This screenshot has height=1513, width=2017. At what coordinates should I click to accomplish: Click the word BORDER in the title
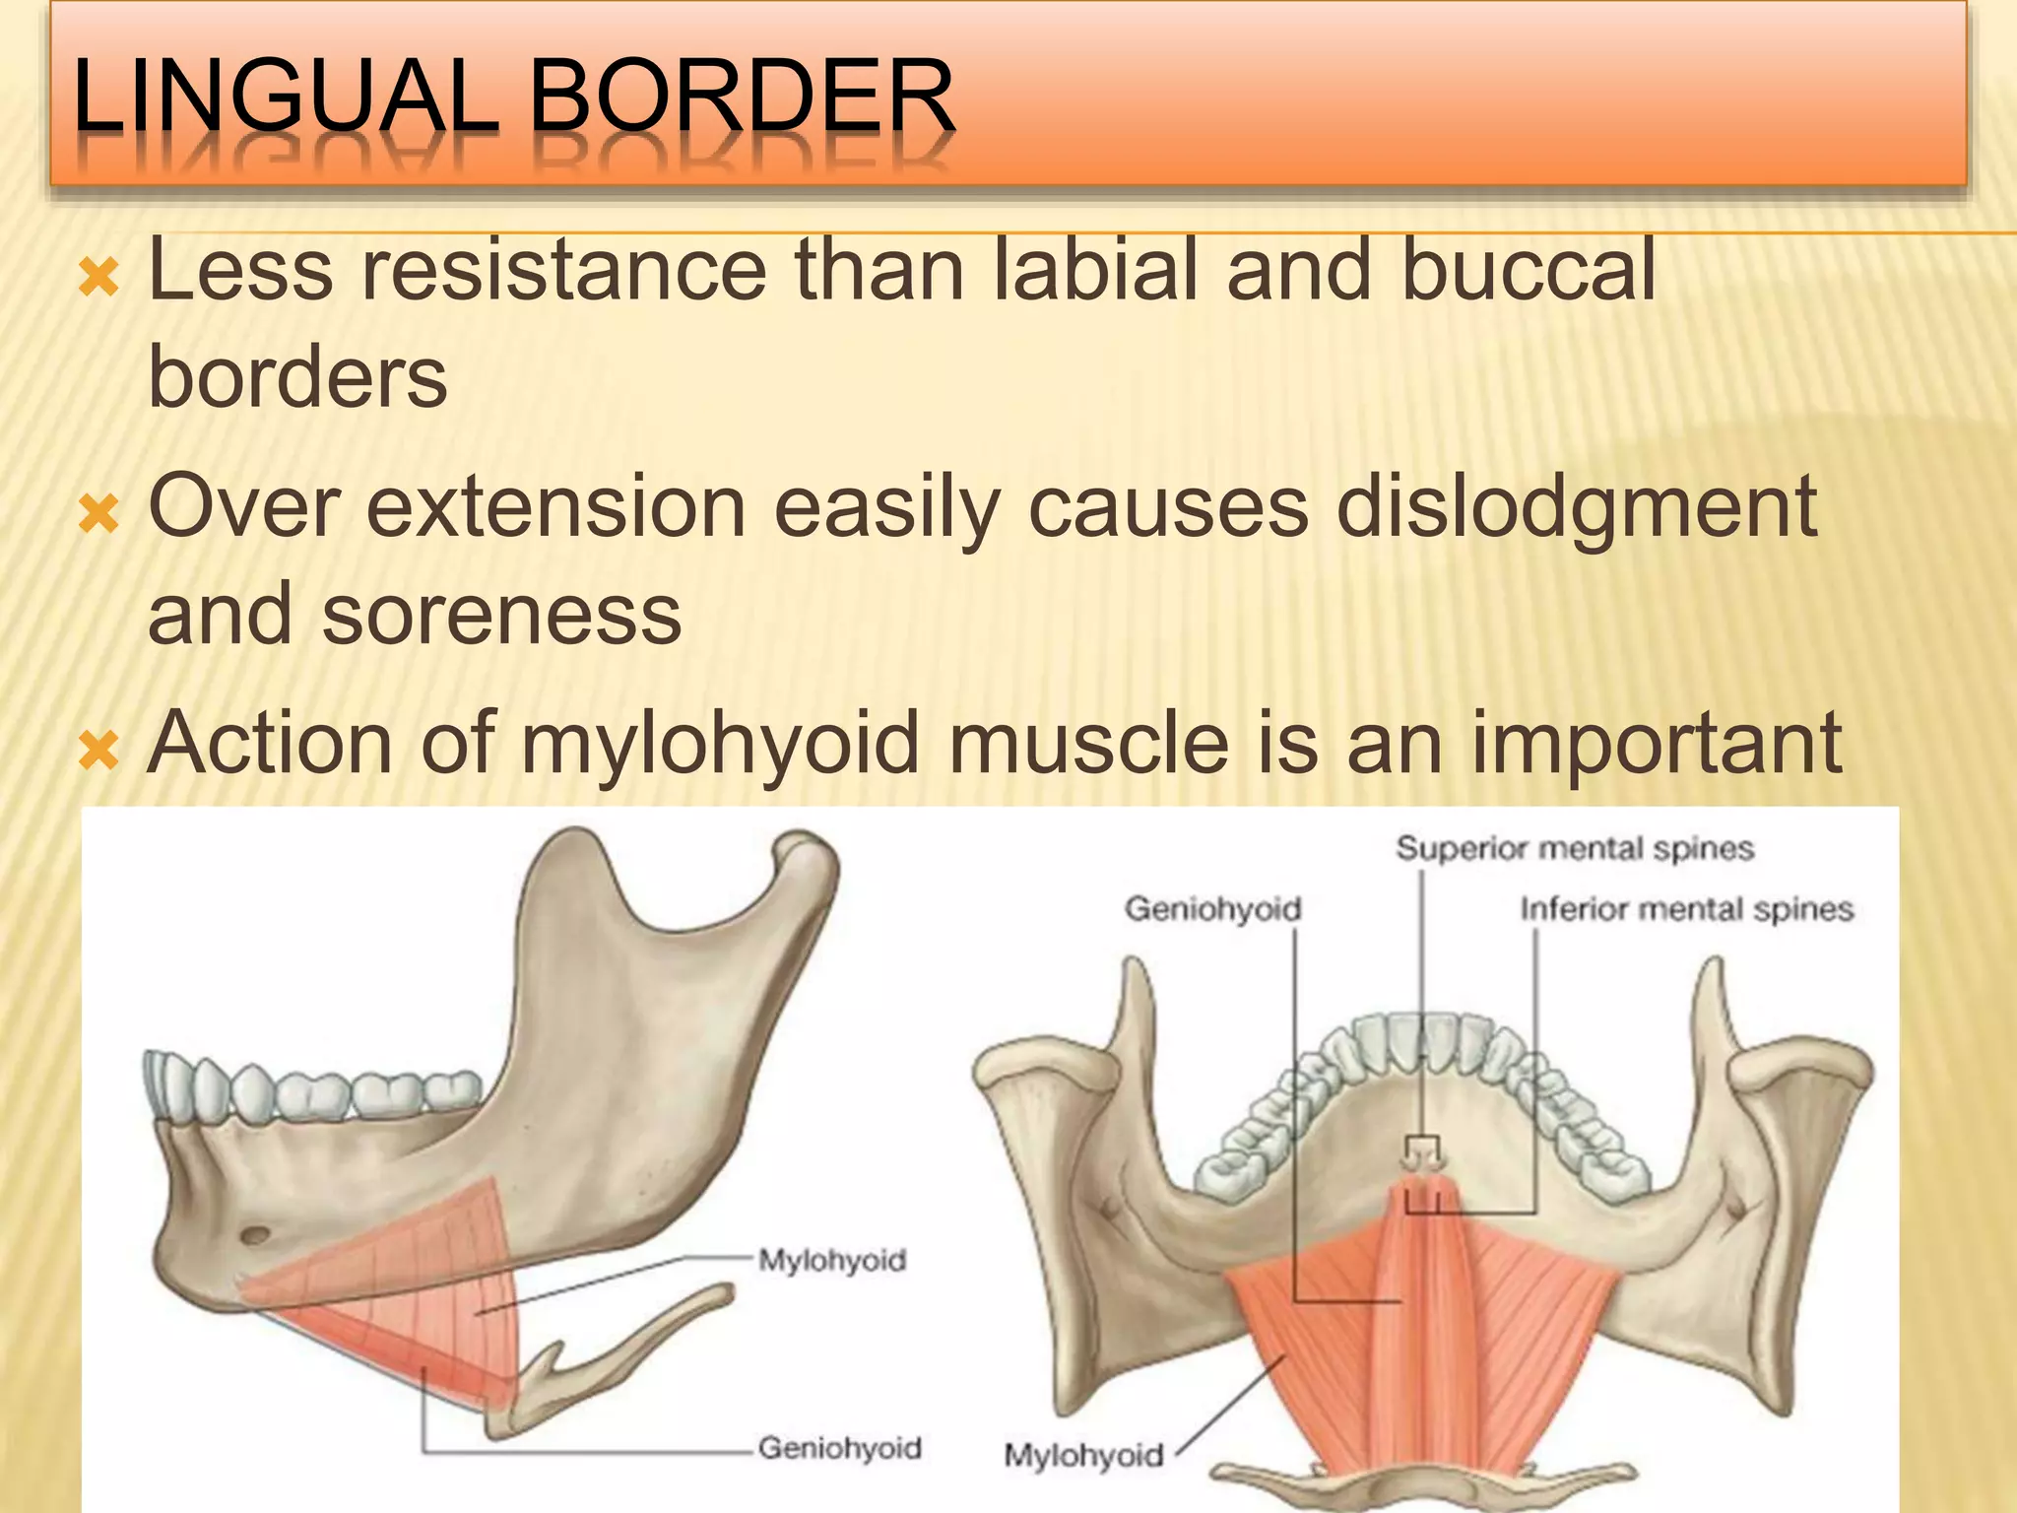744,97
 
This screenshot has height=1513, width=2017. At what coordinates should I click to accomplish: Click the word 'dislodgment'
1576,507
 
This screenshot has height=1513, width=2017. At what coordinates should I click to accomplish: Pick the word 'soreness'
502,616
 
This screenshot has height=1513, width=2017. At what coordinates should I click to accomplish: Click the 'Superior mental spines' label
1574,848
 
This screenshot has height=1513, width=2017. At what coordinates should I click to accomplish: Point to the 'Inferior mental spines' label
1686,908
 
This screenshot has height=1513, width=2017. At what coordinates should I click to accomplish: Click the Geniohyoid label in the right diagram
1212,908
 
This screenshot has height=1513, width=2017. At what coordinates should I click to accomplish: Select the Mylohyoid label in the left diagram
832,1260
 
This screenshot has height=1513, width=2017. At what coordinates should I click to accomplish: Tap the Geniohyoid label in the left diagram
839,1448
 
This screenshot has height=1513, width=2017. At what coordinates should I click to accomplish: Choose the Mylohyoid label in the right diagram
1083,1455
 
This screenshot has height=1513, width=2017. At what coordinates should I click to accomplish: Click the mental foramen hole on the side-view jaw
256,1233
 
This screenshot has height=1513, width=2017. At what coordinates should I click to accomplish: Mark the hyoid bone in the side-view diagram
630,1349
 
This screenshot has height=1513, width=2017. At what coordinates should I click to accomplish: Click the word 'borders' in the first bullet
297,379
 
